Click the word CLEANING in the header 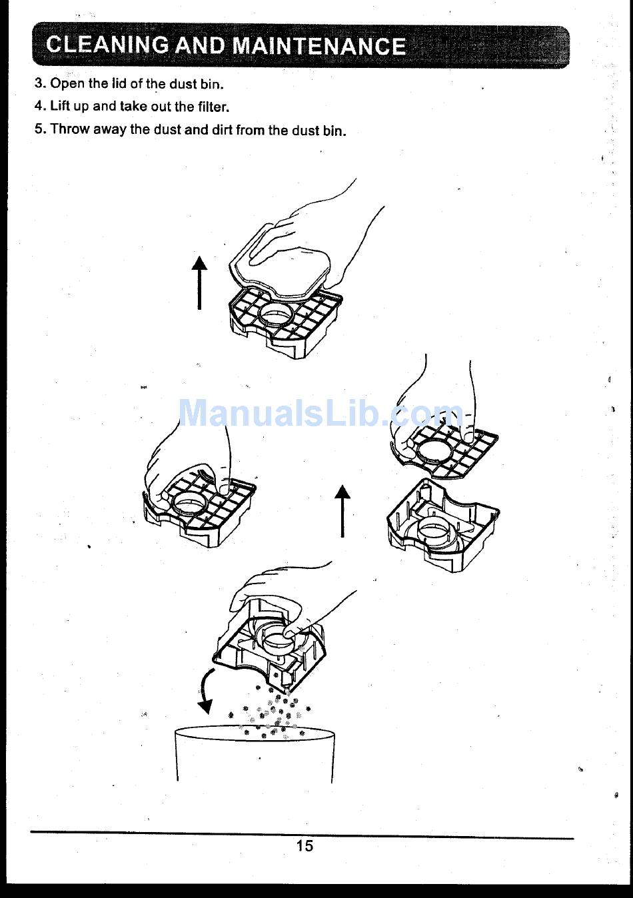[107, 45]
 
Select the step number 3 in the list [39, 83]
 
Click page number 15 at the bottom [305, 845]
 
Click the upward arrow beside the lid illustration [199, 282]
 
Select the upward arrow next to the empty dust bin [342, 511]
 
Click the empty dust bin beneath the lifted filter [443, 525]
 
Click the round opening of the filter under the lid [276, 314]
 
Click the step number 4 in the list [39, 106]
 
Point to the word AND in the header [201, 45]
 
